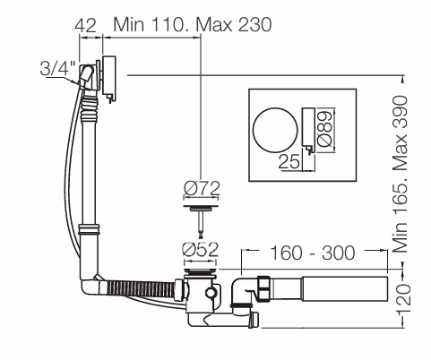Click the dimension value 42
(x=86, y=25)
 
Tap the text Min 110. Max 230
(x=193, y=24)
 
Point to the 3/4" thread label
(x=57, y=68)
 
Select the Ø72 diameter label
(x=202, y=188)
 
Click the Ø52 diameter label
(x=200, y=250)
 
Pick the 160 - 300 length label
(x=312, y=253)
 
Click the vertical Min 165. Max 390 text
(x=401, y=175)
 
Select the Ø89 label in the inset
(x=324, y=129)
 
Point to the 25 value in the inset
(x=289, y=161)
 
